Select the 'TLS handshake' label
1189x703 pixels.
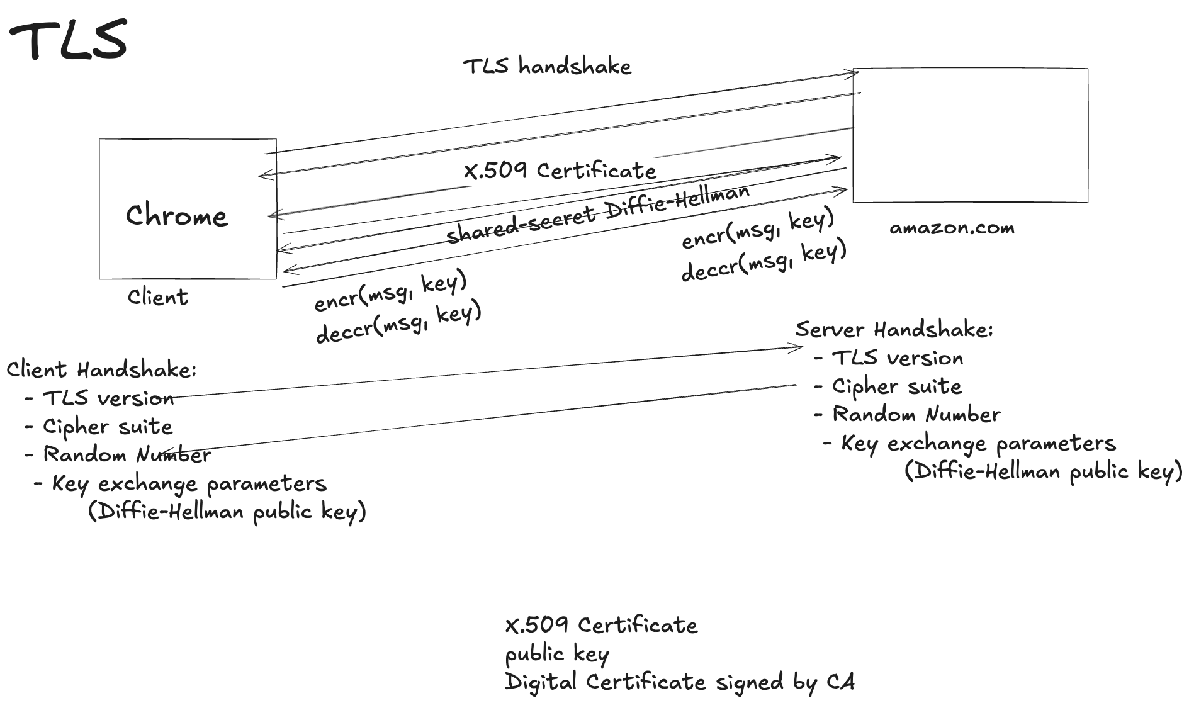click(547, 66)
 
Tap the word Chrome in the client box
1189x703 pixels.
click(176, 216)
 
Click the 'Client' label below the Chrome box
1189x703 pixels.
click(157, 297)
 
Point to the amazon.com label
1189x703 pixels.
click(952, 228)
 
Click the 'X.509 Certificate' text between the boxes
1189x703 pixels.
click(560, 171)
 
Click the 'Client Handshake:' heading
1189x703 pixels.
click(102, 369)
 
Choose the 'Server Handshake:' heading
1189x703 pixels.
click(894, 329)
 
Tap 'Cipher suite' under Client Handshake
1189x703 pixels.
click(107, 427)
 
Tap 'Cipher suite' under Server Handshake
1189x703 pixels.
click(896, 386)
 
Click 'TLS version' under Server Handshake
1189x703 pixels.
click(897, 358)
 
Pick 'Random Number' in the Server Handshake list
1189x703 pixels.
click(916, 415)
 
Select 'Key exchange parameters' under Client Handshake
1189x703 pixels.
click(189, 483)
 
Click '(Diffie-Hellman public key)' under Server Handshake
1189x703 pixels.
click(1044, 471)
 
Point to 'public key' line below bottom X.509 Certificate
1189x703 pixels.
click(556, 655)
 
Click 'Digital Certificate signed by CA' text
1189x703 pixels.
click(680, 682)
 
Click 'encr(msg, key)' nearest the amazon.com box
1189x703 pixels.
click(757, 228)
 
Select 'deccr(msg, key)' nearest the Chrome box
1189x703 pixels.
click(398, 323)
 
